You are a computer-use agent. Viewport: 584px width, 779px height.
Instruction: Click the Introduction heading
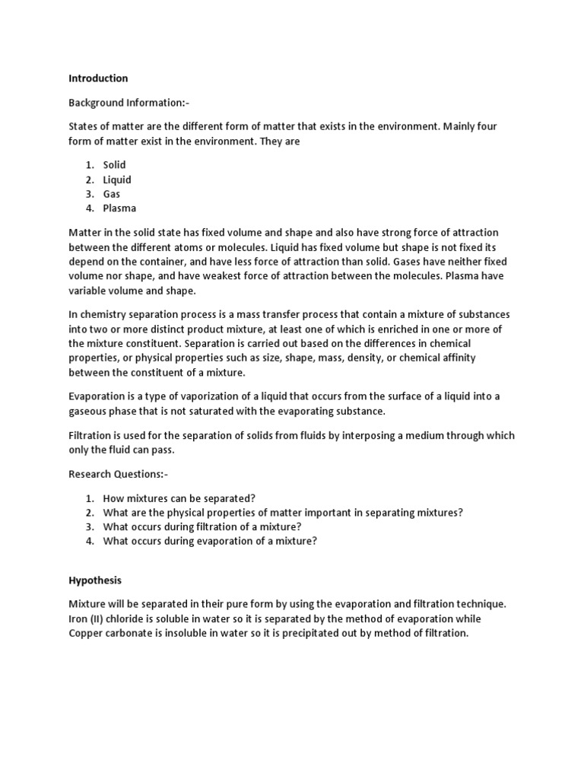click(x=98, y=78)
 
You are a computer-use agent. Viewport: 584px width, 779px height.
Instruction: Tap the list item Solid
click(x=114, y=165)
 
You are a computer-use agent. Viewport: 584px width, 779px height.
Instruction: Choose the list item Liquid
click(x=117, y=180)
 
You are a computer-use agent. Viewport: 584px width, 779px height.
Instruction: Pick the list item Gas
click(x=112, y=194)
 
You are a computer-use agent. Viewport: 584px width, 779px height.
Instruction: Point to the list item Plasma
click(x=119, y=208)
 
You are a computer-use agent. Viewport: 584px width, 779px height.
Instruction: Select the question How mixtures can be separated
click(x=179, y=498)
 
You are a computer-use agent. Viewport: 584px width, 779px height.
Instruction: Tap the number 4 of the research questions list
click(x=89, y=541)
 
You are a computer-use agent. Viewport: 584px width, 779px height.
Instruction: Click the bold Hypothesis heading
click(x=96, y=580)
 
